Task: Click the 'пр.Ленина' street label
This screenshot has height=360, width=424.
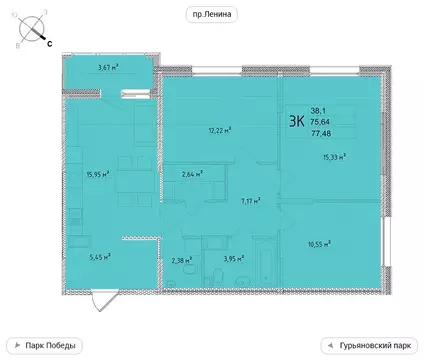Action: pos(211,13)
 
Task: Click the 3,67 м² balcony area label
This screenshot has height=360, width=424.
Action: pos(109,68)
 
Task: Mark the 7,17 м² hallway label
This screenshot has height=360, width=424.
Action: pos(250,200)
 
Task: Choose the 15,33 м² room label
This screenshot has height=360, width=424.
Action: pos(333,156)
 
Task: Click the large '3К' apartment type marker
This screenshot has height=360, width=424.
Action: pos(297,122)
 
